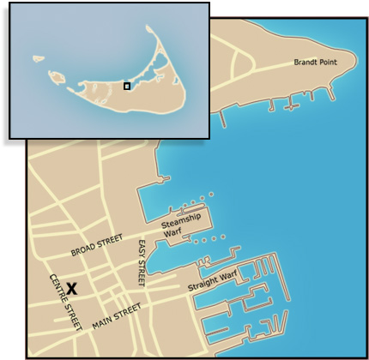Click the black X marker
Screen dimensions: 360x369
tap(73, 289)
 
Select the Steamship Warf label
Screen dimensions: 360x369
tap(182, 225)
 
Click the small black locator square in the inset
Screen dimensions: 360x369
tap(127, 86)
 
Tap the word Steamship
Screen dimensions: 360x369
tap(182, 221)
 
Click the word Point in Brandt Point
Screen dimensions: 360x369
tap(332, 63)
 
